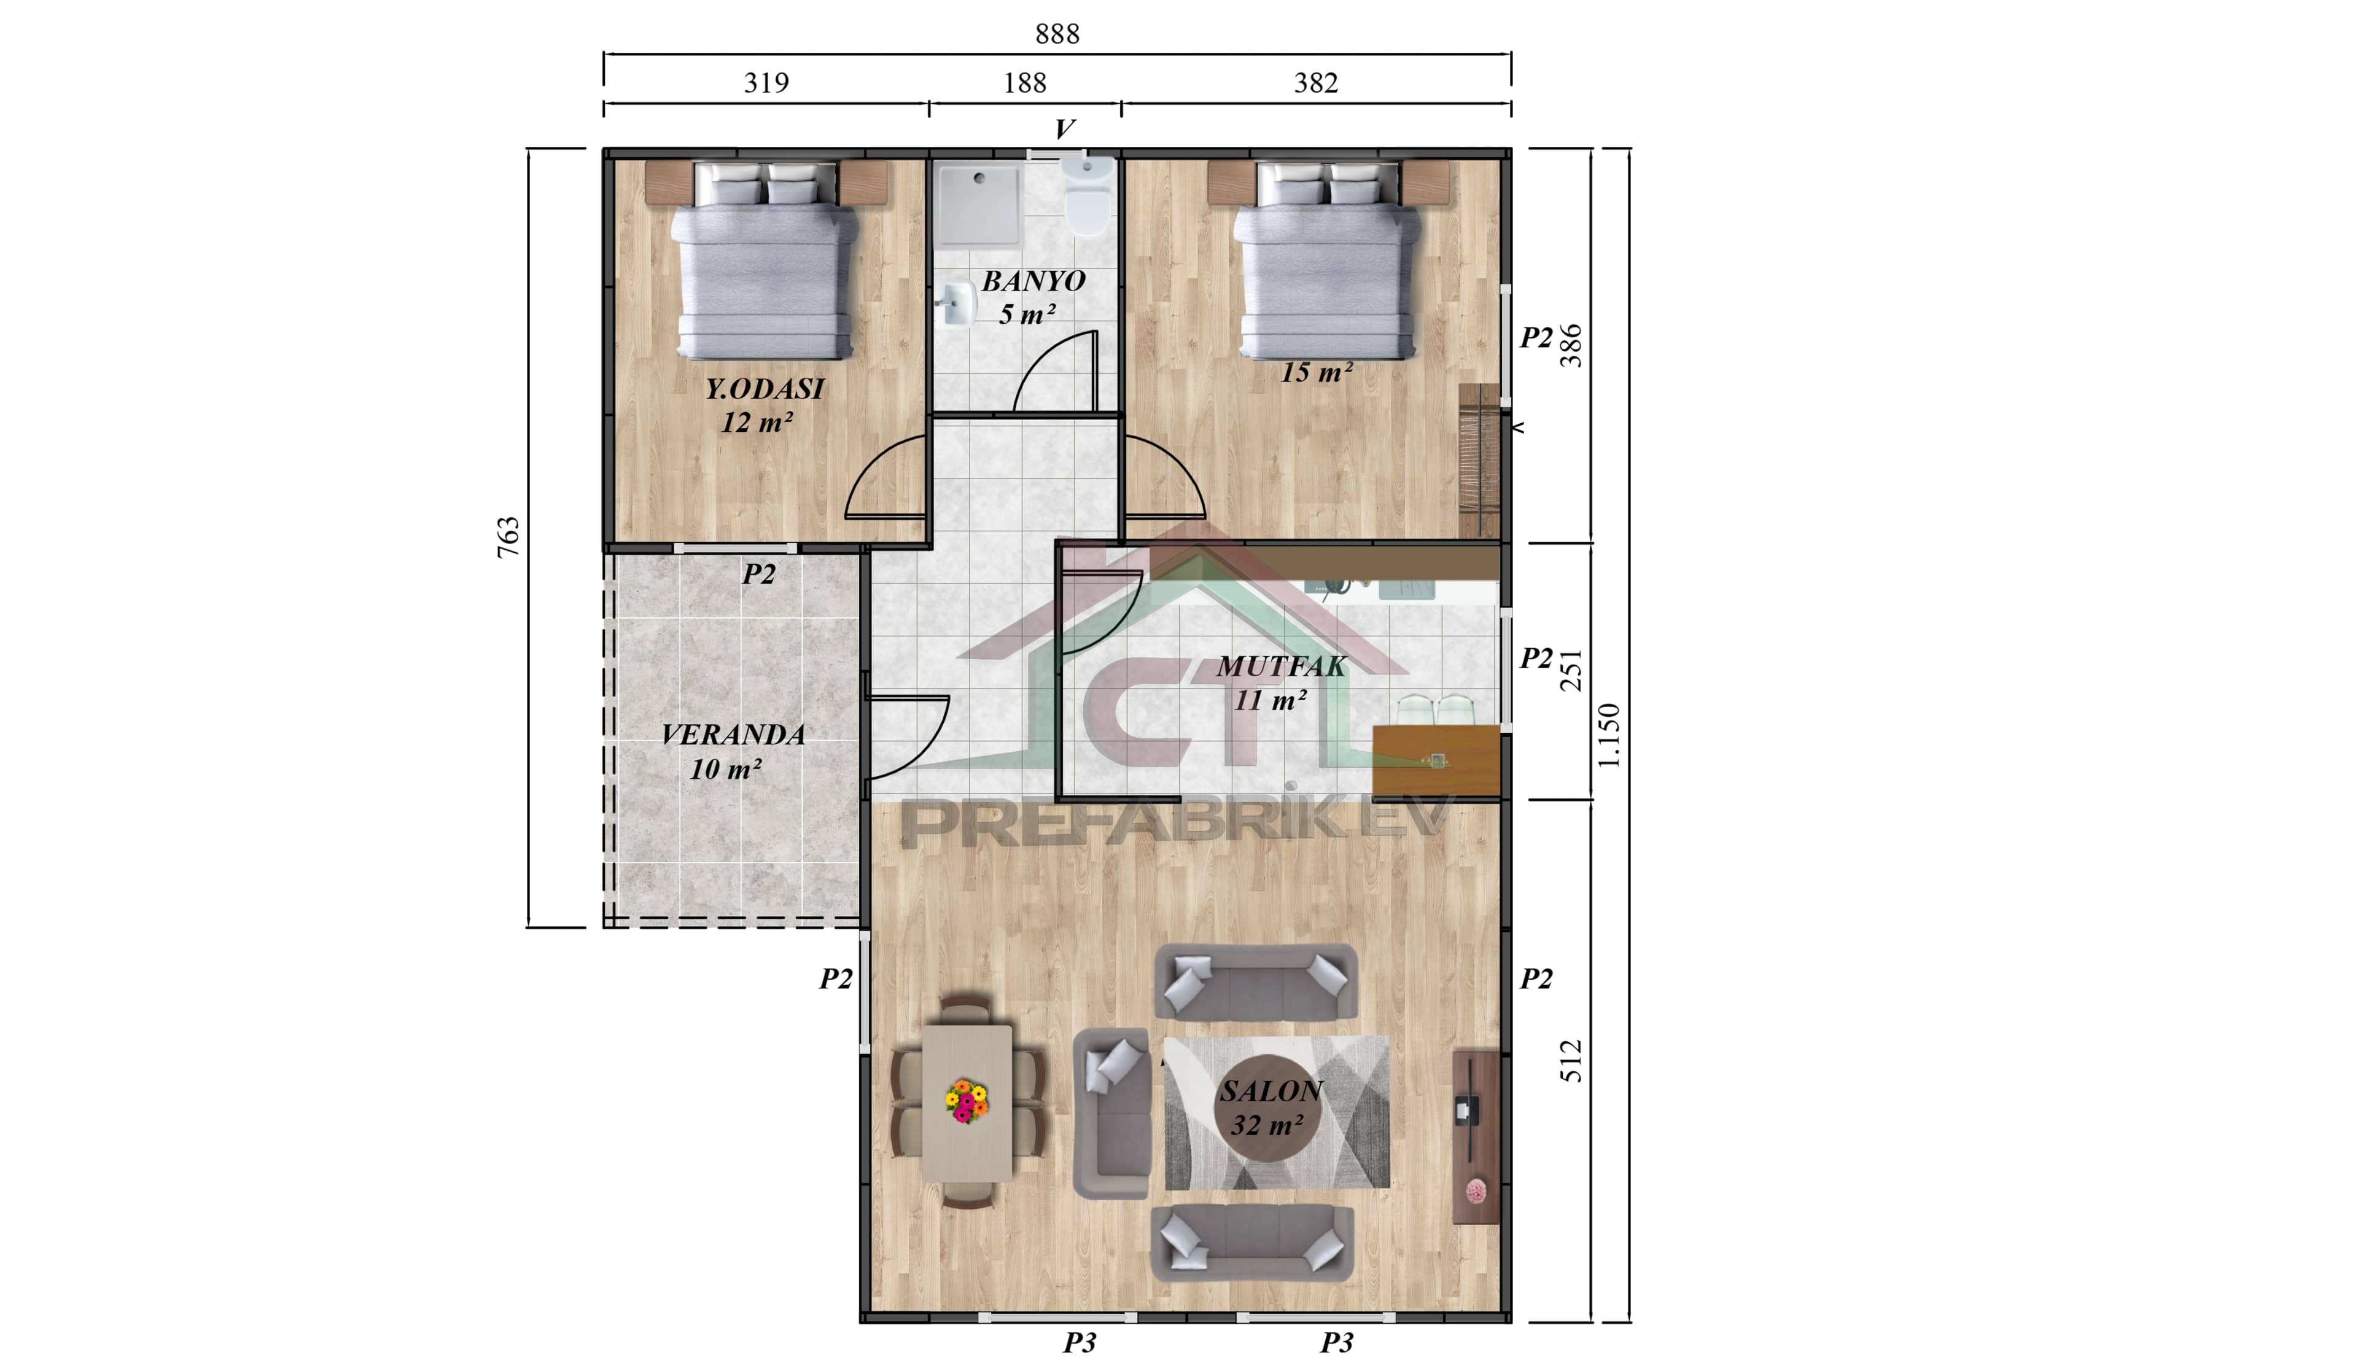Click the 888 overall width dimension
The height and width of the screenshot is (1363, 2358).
pyautogui.click(x=1057, y=34)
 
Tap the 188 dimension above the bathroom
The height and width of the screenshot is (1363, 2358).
pyautogui.click(x=1025, y=84)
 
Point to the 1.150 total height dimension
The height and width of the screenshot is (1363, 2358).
pyautogui.click(x=1608, y=735)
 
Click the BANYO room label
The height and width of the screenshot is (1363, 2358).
pyautogui.click(x=1033, y=281)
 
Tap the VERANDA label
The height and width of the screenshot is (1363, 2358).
pyautogui.click(x=733, y=735)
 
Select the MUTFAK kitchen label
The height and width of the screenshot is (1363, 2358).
pyautogui.click(x=1281, y=666)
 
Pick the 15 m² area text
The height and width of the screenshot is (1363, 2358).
pyautogui.click(x=1315, y=373)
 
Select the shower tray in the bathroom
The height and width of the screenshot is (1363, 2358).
pyautogui.click(x=979, y=204)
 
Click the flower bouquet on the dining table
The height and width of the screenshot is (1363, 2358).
pyautogui.click(x=967, y=1102)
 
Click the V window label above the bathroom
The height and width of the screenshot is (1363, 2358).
pyautogui.click(x=1064, y=129)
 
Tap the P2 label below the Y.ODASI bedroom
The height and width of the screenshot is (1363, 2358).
pyautogui.click(x=759, y=574)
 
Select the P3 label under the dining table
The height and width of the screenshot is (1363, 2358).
pyautogui.click(x=1079, y=1342)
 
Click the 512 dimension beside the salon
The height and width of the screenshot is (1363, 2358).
pyautogui.click(x=1572, y=1061)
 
